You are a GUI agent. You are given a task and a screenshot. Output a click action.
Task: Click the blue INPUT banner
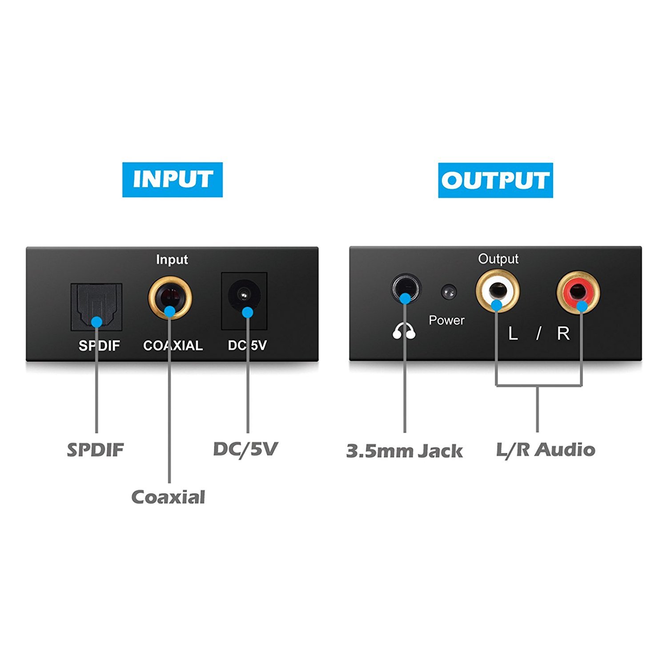click(172, 180)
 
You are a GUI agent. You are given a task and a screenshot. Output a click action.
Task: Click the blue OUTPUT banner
click(495, 180)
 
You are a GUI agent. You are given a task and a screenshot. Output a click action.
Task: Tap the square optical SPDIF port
click(96, 306)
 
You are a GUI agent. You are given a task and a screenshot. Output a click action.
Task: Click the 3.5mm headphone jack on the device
click(405, 290)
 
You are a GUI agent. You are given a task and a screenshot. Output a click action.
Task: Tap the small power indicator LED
click(449, 292)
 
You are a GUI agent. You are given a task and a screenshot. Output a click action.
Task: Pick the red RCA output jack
click(578, 293)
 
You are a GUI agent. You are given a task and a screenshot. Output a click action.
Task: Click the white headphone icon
click(404, 331)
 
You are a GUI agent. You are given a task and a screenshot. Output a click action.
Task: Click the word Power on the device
click(446, 320)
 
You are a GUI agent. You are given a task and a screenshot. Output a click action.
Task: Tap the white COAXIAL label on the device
click(173, 346)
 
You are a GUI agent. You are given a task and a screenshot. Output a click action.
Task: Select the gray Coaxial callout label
click(168, 497)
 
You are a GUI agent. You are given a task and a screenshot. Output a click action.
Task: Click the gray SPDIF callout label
click(95, 450)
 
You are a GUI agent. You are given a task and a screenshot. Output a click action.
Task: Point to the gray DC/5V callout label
click(245, 449)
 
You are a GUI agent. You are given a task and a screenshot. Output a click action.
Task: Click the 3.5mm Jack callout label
click(404, 451)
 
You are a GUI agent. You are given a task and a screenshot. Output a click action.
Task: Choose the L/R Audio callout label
click(546, 450)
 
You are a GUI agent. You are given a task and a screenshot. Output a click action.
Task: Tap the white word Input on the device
click(172, 260)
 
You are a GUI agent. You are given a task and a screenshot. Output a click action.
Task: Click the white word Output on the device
click(498, 259)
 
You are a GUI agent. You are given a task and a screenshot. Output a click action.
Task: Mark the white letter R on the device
click(563, 333)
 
